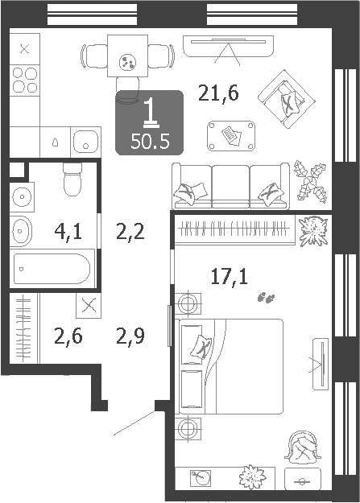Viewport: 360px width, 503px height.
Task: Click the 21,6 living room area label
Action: pyautogui.click(x=218, y=93)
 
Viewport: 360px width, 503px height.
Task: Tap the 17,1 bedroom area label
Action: pyautogui.click(x=230, y=277)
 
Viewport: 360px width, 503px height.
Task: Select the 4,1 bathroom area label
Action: pyautogui.click(x=68, y=232)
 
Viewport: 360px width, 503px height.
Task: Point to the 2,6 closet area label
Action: pyautogui.click(x=68, y=336)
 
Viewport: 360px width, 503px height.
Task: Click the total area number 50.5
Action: pyautogui.click(x=150, y=141)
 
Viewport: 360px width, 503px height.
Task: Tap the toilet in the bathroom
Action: pyautogui.click(x=72, y=179)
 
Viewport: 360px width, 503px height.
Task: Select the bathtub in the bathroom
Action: pyautogui.click(x=52, y=269)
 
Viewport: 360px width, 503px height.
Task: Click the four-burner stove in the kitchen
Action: pyautogui.click(x=25, y=80)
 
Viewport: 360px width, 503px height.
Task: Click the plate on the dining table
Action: pyautogui.click(x=127, y=62)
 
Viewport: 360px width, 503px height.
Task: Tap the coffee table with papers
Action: pyautogui.click(x=231, y=136)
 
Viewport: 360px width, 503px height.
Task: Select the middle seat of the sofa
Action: pyautogui.click(x=230, y=186)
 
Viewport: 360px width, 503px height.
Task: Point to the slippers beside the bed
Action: pyautogui.click(x=267, y=298)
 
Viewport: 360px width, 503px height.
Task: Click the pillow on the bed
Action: pyautogui.click(x=201, y=346)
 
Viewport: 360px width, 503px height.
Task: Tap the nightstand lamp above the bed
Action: pyautogui.click(x=188, y=303)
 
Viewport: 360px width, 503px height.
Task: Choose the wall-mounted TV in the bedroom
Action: pyautogui.click(x=321, y=364)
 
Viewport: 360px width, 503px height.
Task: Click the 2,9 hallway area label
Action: pyautogui.click(x=130, y=336)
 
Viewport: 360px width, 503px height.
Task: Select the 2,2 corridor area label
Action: pyautogui.click(x=130, y=232)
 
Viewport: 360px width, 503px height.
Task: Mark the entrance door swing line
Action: pyautogui.click(x=134, y=423)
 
